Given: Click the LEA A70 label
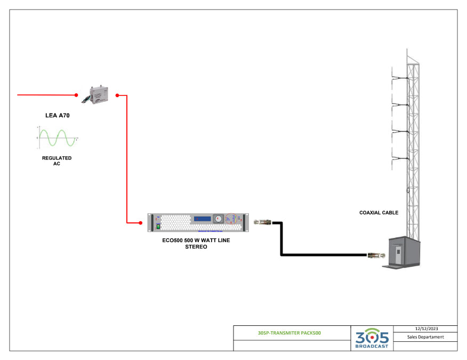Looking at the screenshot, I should (57, 115).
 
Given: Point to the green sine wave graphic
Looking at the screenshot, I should (57, 138).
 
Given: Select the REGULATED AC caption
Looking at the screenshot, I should (57, 161).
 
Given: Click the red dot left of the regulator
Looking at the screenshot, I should (77, 95).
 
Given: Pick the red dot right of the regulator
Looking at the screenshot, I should (117, 95).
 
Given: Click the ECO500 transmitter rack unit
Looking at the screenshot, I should (198, 222).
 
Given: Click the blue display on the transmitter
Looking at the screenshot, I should (203, 219).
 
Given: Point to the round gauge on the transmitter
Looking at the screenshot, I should (218, 219).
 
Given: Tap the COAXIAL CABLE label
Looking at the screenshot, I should (379, 213).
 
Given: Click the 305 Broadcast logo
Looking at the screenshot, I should (372, 338).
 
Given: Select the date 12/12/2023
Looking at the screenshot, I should (425, 329).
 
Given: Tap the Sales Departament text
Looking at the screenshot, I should (425, 337).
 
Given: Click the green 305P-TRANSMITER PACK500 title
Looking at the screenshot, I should (289, 333).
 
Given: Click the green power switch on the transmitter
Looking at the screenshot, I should (158, 226).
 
